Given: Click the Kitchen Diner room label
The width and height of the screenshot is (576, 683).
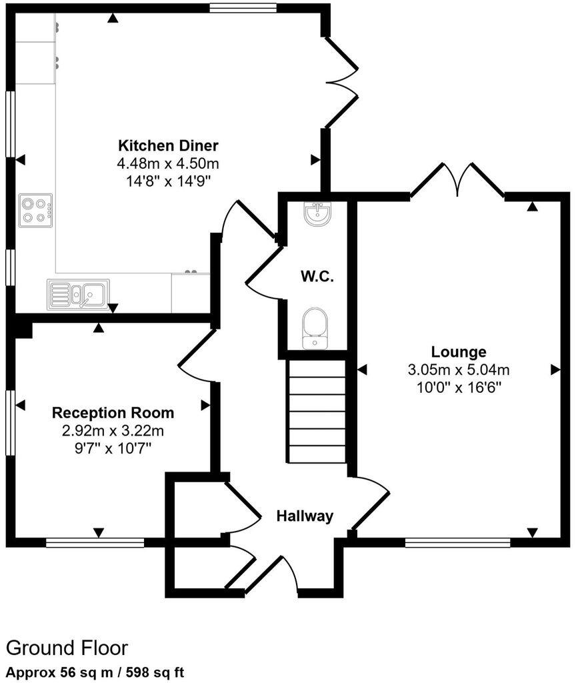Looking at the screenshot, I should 168,145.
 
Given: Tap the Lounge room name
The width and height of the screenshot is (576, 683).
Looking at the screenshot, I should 459,352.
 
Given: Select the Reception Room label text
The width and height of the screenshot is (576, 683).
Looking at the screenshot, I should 113,413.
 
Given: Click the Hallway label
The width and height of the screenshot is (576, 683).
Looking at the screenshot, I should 305,516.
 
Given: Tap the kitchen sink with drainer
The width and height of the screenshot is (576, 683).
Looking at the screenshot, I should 76,294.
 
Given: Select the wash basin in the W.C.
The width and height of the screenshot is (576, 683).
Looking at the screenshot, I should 316,213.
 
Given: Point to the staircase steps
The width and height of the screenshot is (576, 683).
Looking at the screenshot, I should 317,412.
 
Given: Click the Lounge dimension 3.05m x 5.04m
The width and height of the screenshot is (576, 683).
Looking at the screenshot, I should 459,370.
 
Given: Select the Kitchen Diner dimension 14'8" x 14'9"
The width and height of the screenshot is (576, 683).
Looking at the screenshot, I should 168,180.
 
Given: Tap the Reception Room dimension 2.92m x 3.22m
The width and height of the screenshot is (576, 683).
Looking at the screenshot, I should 113,430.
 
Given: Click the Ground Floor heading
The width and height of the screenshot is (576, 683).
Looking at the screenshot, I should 67,648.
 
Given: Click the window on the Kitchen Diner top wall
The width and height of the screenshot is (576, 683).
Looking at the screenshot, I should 243,8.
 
